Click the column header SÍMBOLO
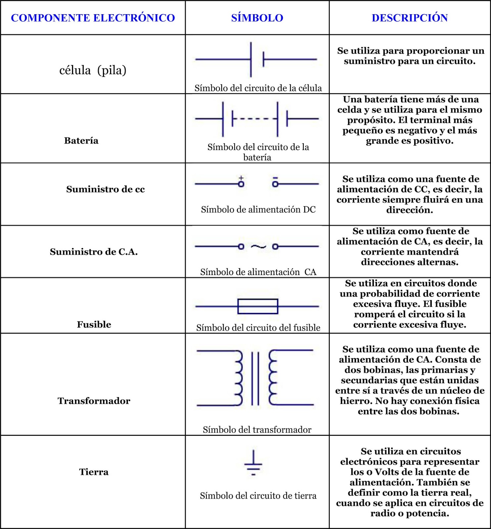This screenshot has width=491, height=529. [x=257, y=18]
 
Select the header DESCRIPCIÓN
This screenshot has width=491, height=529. [x=410, y=18]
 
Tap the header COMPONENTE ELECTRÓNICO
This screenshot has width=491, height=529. [x=93, y=18]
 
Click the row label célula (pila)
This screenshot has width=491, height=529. [x=93, y=70]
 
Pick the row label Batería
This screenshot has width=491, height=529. [x=81, y=141]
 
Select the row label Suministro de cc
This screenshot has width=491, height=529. [x=106, y=189]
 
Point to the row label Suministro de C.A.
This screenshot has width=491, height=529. [x=94, y=252]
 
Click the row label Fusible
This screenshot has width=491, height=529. [x=94, y=324]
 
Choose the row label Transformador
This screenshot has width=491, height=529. [x=94, y=401]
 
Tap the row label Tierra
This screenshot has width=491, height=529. [x=94, y=472]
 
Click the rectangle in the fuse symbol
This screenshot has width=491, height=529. [x=258, y=306]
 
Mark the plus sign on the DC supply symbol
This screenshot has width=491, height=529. [x=241, y=178]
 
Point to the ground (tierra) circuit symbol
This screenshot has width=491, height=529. [x=253, y=463]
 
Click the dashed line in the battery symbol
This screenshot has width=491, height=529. [x=254, y=119]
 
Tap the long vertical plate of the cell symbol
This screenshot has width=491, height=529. [x=251, y=60]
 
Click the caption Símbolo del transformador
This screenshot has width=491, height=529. [x=257, y=429]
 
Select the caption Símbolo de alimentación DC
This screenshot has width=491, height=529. [x=258, y=209]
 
